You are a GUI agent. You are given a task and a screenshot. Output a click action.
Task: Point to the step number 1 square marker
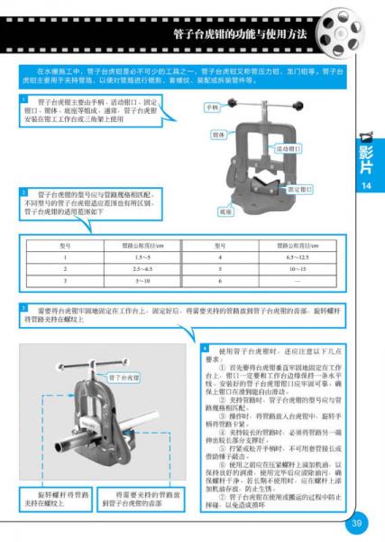point(23,98)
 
